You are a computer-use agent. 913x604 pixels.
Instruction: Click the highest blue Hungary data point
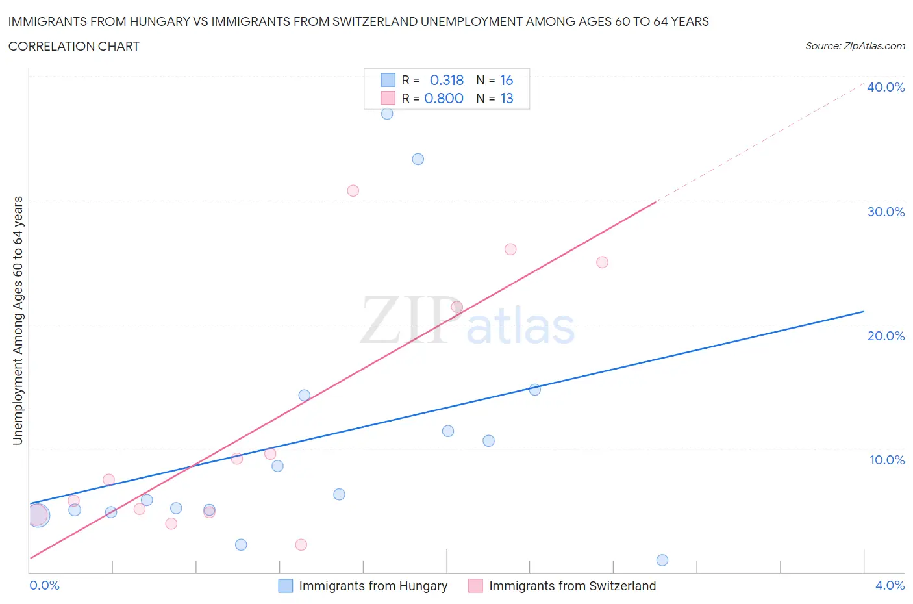coord(387,114)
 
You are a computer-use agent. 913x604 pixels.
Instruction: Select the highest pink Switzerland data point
coord(353,191)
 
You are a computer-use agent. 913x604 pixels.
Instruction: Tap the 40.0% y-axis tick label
coord(886,87)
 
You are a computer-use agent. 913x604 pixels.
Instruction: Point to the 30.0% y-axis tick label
coord(886,212)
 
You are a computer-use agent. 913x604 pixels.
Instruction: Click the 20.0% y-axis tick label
coord(886,336)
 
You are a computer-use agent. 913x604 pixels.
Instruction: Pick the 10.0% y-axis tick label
coord(886,460)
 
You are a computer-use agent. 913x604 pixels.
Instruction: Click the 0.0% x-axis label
coord(44,585)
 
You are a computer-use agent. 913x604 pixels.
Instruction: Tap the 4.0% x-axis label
coord(890,585)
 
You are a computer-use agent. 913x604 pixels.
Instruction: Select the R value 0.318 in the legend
coord(447,80)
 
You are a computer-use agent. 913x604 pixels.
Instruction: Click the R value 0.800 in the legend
coord(444,98)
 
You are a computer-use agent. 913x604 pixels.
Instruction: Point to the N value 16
coord(507,80)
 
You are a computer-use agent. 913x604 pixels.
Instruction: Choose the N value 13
coord(507,98)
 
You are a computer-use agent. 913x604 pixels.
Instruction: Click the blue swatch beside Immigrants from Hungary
coord(285,586)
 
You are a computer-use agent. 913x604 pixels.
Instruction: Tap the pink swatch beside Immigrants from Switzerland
coord(475,586)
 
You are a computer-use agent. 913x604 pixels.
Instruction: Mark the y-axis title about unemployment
coord(18,321)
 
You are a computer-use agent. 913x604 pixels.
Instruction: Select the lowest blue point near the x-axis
coord(662,560)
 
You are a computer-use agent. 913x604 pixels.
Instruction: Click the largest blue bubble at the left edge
coord(38,516)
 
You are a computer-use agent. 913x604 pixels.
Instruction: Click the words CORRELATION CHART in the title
coord(74,46)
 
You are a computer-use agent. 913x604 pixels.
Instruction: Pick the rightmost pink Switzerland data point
coord(602,262)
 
